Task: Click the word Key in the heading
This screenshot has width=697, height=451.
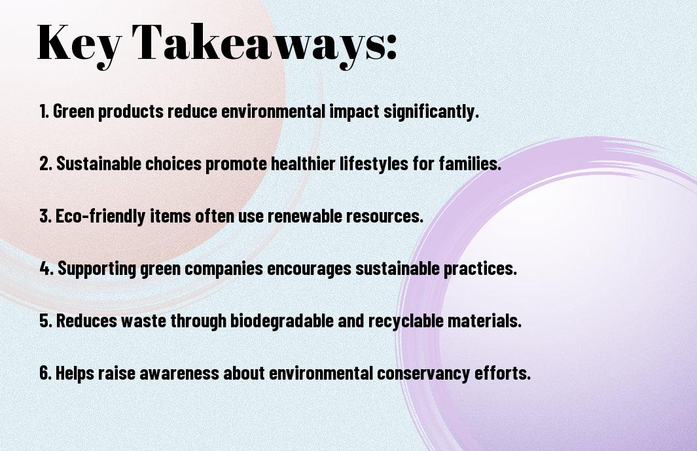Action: (x=79, y=45)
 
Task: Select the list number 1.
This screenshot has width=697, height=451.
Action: (x=44, y=111)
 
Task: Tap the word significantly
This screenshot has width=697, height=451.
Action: (x=431, y=112)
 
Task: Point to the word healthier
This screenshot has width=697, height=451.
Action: (x=303, y=164)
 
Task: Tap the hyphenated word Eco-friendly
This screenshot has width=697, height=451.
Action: (x=100, y=217)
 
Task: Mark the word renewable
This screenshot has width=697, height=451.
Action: (x=304, y=216)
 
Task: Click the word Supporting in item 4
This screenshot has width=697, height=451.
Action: (x=97, y=269)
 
